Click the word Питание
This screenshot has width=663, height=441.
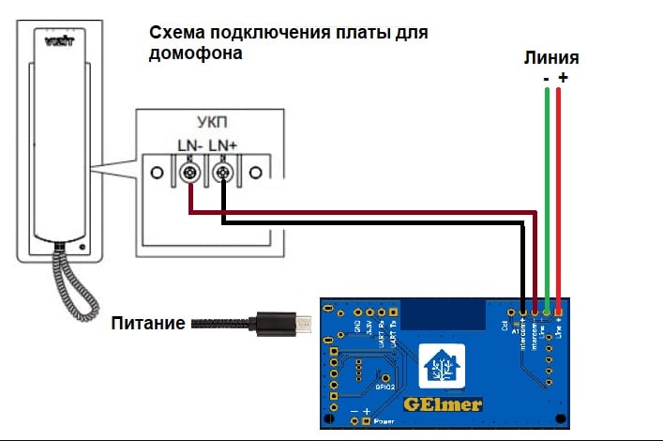point(147,325)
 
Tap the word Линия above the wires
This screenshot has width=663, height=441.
point(550,57)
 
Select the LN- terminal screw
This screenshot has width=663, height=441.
point(190,174)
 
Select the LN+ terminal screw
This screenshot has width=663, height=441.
point(223,174)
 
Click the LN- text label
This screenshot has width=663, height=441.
point(190,145)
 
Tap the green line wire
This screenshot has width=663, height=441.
point(547,188)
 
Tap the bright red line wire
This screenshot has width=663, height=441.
point(559,188)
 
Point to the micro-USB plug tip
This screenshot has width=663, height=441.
point(306,325)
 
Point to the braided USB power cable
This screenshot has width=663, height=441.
point(220,325)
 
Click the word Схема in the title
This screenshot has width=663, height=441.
point(175,34)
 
